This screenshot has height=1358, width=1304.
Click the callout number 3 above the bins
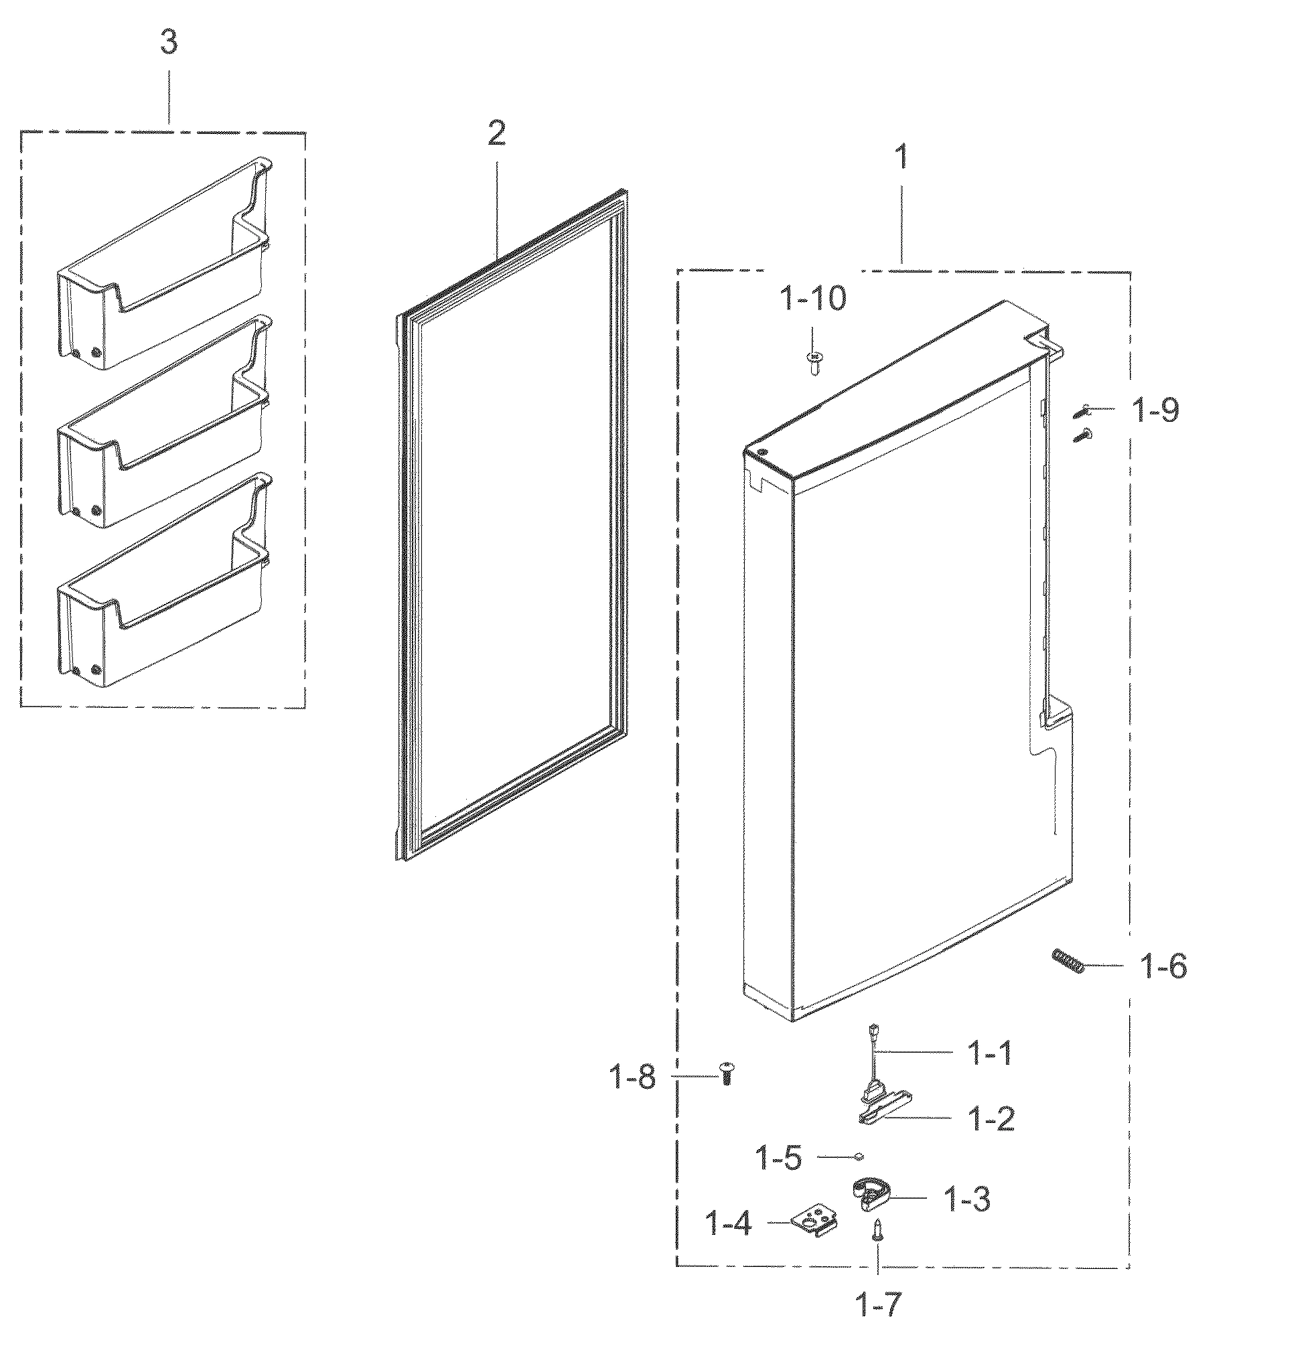pos(168,43)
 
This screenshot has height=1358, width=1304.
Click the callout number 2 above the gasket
pos(496,133)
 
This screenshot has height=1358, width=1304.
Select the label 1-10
pos(813,299)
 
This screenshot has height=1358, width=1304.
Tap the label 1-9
pos(1155,411)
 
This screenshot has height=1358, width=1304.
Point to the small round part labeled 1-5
pos(859,1156)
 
